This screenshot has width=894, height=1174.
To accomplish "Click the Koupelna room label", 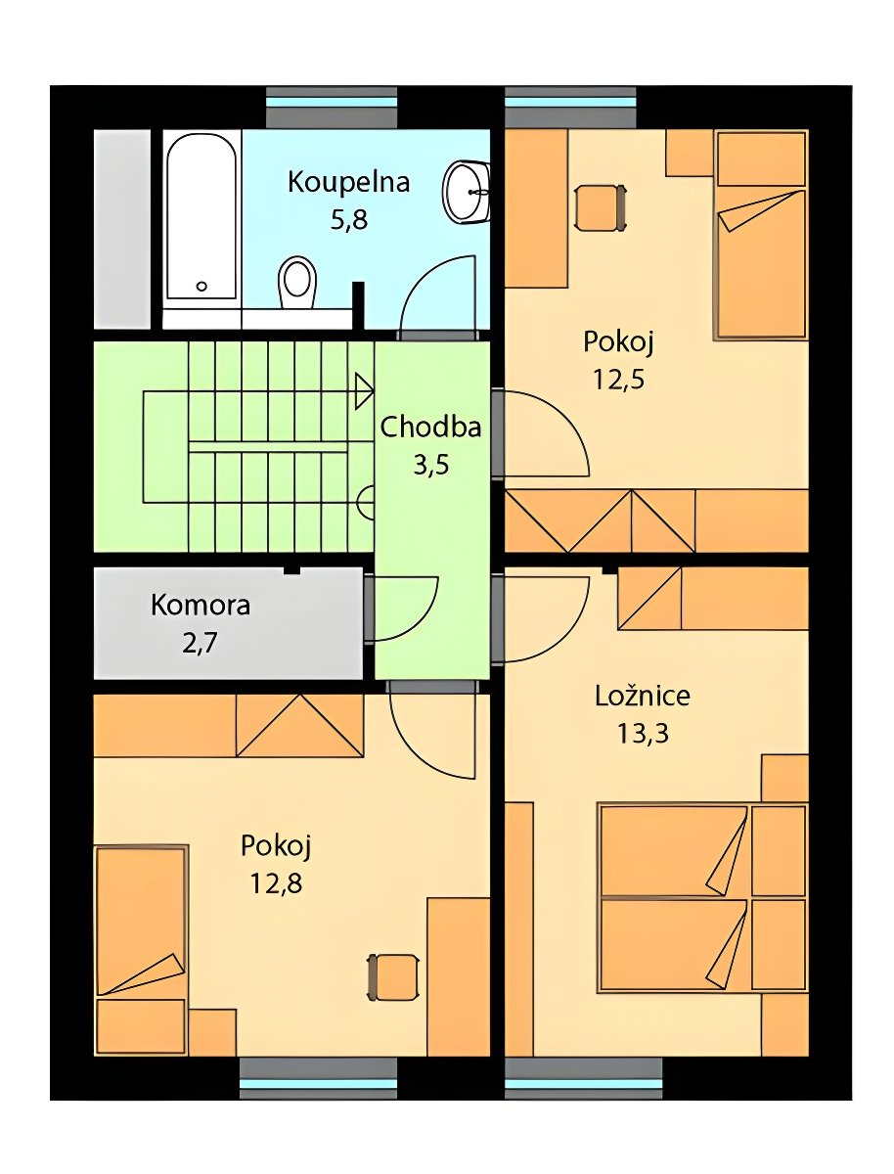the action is pyautogui.click(x=348, y=182).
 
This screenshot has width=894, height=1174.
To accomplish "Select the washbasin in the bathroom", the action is pyautogui.click(x=467, y=191).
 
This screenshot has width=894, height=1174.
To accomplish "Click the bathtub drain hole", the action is pyautogui.click(x=201, y=286).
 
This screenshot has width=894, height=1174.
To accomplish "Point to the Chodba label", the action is pyautogui.click(x=430, y=428).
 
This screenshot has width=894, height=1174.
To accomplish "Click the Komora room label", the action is pyautogui.click(x=201, y=606).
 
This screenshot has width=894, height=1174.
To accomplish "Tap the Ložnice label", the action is pyautogui.click(x=643, y=696).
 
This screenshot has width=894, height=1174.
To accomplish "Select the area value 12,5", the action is pyautogui.click(x=618, y=379).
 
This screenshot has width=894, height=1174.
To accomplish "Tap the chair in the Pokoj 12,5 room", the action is pyautogui.click(x=599, y=207).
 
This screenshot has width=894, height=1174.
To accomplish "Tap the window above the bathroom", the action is pyautogui.click(x=332, y=107).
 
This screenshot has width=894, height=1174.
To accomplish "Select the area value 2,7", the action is pyautogui.click(x=200, y=643).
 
